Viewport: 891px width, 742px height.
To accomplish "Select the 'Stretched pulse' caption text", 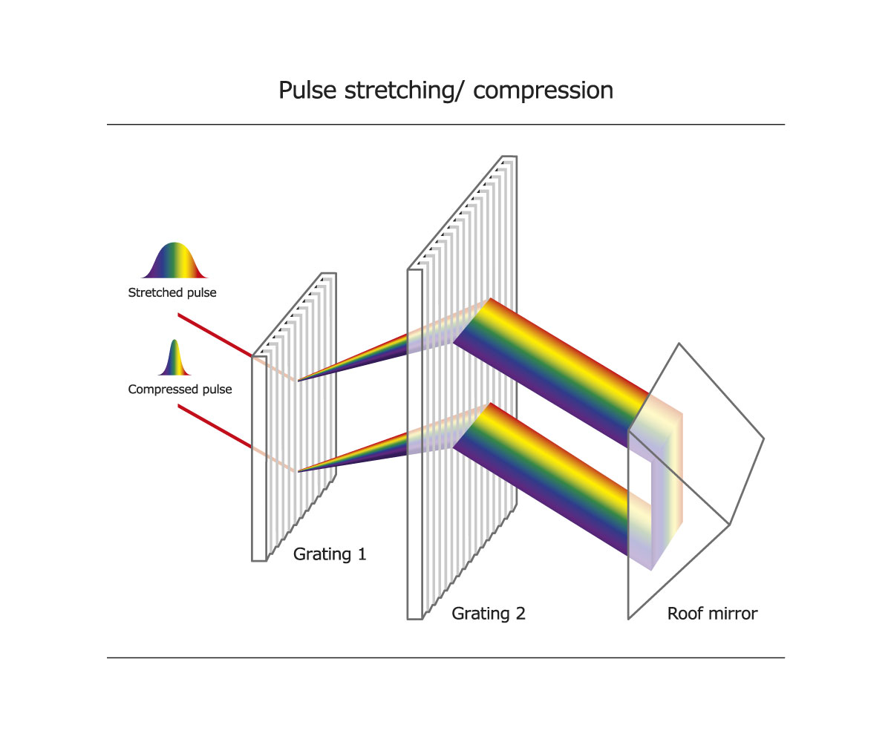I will pos(172,292).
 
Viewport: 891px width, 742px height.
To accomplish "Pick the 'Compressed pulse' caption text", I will pos(180,389).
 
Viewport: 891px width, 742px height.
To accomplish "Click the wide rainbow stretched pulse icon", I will pos(173,261).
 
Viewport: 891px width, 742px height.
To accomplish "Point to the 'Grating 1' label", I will pos(330,554).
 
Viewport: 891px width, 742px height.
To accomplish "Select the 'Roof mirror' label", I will pos(712,614).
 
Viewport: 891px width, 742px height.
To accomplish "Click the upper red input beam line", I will pos(215,335).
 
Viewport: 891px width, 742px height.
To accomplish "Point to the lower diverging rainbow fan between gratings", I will pos(356,453).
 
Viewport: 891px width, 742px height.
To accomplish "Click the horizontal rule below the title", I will pos(446,125).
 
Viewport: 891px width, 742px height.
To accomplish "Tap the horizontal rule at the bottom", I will pos(446,657).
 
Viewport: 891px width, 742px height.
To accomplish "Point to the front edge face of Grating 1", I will pos(258,460).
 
